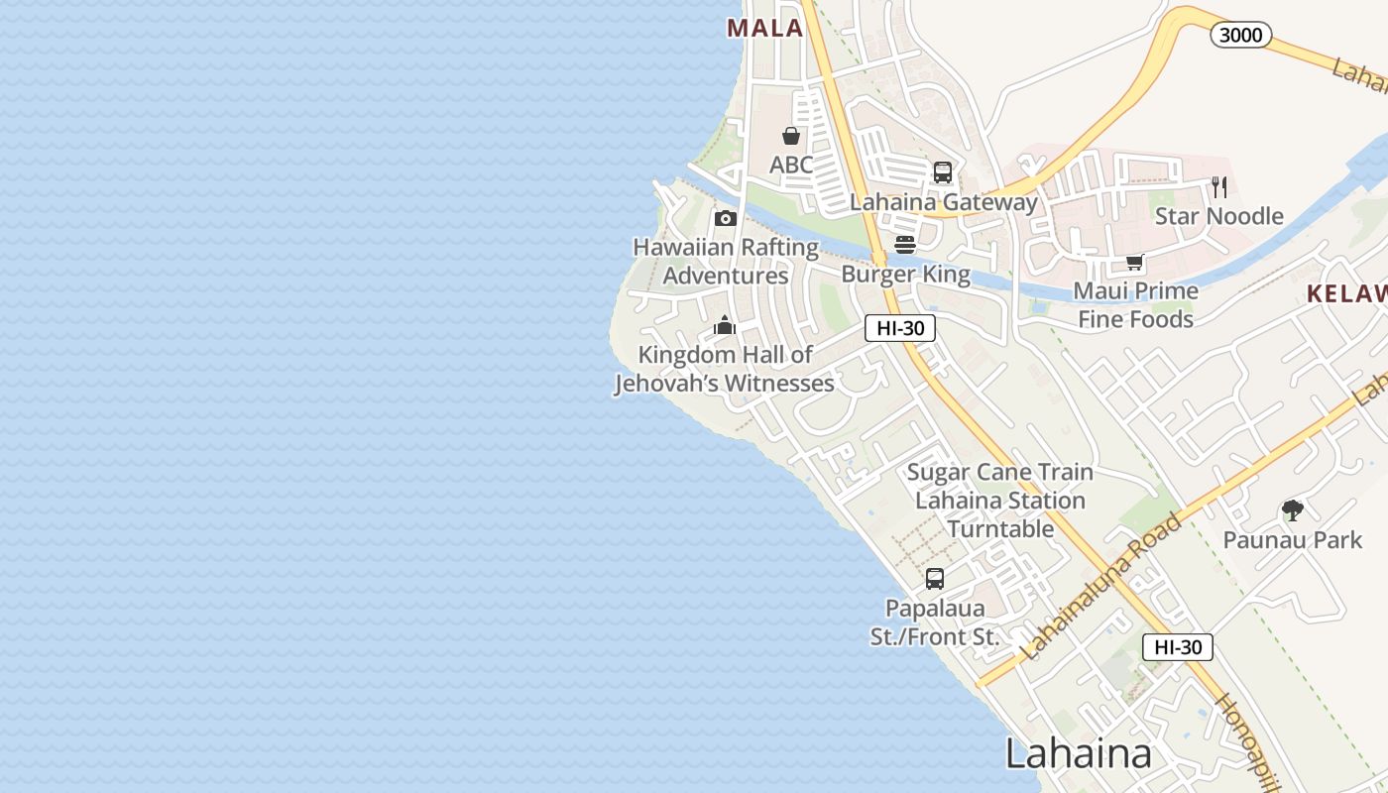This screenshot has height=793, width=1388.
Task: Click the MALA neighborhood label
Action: pos(764,28)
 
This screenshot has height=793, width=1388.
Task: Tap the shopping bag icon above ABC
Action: pos(791,136)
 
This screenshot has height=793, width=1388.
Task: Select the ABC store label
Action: pos(791,165)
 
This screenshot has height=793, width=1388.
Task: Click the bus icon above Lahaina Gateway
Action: pos(943,172)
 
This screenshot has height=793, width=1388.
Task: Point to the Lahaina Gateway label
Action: pos(944,202)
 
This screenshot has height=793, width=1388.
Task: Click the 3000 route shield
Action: pos(1240,36)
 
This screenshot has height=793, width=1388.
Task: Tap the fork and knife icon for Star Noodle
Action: pos(1219,186)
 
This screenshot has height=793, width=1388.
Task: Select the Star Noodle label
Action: pos(1218,216)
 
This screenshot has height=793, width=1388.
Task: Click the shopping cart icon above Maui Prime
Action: pos(1135,263)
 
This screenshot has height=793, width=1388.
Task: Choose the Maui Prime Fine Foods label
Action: pos(1136,304)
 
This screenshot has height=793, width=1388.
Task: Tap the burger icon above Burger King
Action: pos(905,244)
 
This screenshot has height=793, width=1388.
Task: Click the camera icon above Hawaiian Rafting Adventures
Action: pos(726,219)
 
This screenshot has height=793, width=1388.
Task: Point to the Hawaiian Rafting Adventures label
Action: pos(726,261)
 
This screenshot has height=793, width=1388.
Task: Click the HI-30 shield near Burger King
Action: pos(900,328)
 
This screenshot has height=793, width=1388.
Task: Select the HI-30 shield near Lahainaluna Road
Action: pos(1178,647)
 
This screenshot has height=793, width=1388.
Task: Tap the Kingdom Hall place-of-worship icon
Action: pos(725,325)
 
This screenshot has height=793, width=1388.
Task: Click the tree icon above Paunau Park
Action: pos(1292,510)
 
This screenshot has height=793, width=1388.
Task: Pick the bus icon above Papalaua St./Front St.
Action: pos(935,579)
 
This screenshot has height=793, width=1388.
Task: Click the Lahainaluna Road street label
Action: pos(1101,587)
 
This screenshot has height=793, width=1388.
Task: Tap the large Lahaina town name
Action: pos(1079,753)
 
